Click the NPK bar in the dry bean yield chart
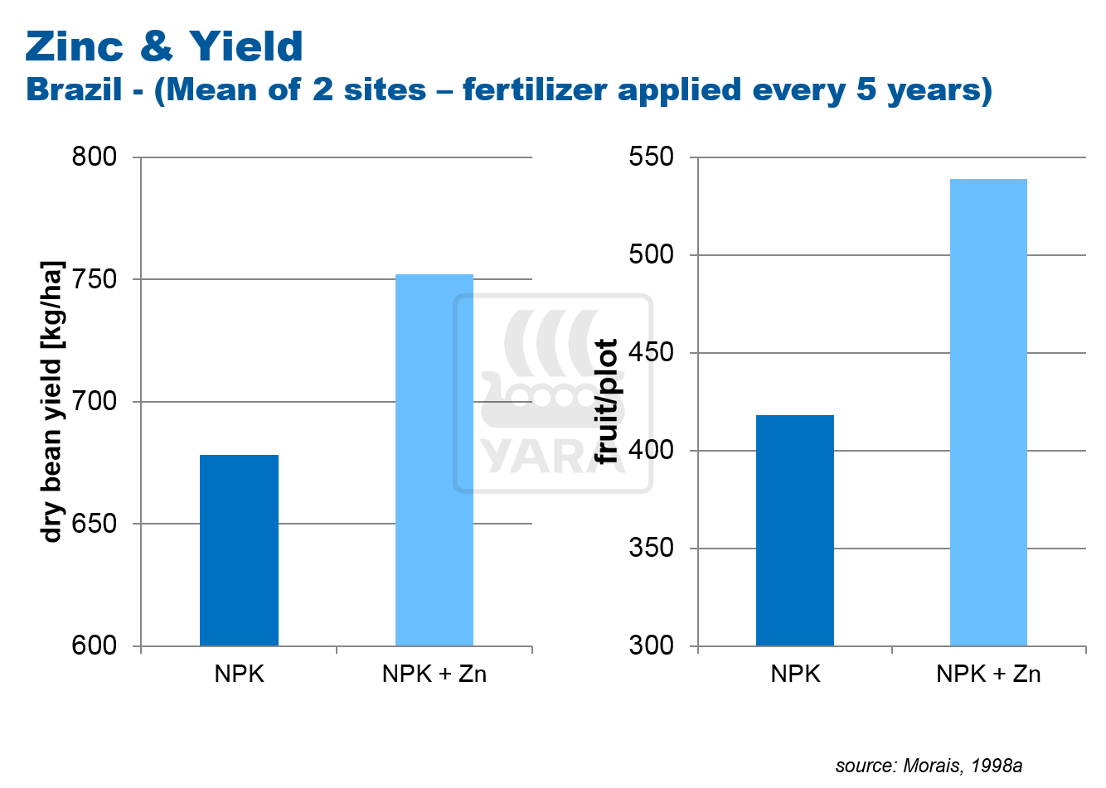(x=239, y=550)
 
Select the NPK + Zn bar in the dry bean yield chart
(x=434, y=460)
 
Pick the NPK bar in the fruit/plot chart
(x=795, y=530)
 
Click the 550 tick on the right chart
(x=651, y=157)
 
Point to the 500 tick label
(x=651, y=254)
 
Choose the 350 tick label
(x=651, y=548)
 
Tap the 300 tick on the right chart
(x=651, y=645)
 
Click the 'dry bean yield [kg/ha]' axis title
(x=52, y=402)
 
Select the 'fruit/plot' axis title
(x=608, y=402)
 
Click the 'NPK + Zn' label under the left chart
(x=434, y=674)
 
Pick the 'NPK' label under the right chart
(x=795, y=674)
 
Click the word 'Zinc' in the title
(x=75, y=46)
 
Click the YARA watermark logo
(x=551, y=394)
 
